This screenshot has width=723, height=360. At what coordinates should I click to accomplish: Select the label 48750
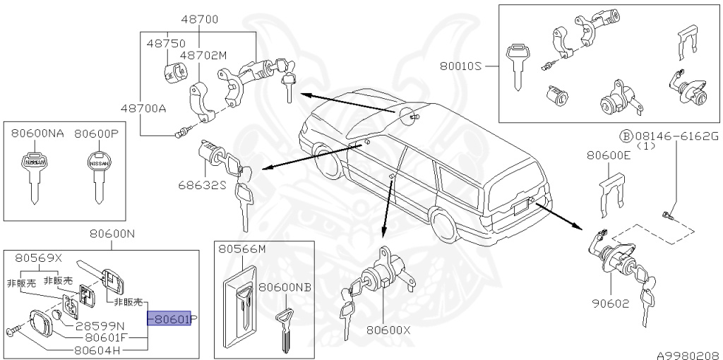165,43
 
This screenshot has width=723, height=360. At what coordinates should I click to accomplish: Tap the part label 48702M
203,54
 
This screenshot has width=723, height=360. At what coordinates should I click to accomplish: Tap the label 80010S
460,66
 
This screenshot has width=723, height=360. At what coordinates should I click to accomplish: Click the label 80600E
608,156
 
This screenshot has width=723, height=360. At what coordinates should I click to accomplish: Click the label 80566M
241,249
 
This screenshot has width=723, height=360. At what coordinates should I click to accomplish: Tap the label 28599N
100,325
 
